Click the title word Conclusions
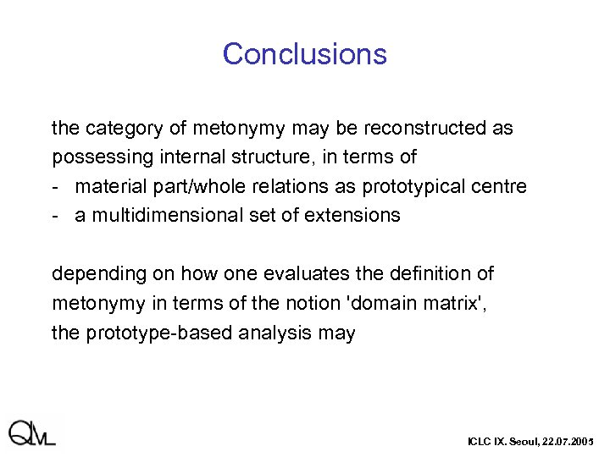304,54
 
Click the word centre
502,186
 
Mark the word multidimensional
162,215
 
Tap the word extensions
356,215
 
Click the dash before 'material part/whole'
56,186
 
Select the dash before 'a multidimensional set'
56,215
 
